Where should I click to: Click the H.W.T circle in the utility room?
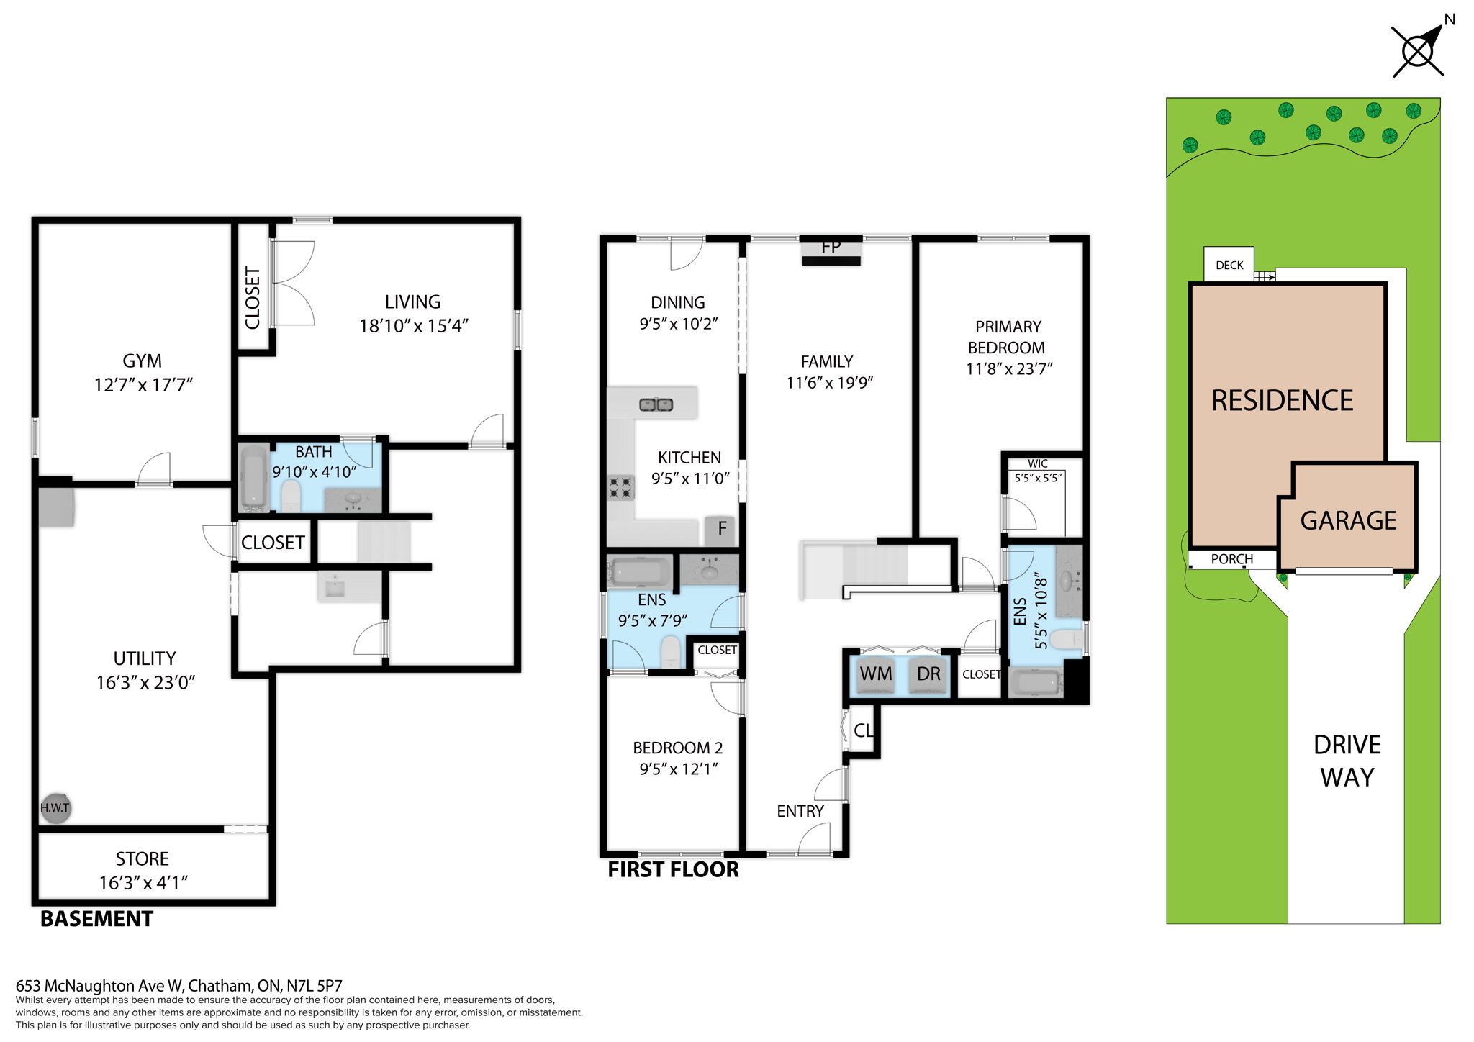[x=55, y=807]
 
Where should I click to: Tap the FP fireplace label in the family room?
[x=831, y=247]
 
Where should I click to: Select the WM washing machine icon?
[x=876, y=675]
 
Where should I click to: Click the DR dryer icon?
[x=928, y=675]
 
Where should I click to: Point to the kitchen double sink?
[x=656, y=404]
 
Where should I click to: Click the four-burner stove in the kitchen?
[x=621, y=487]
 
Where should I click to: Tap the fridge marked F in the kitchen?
[x=721, y=529]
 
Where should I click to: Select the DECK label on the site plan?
[x=1229, y=266]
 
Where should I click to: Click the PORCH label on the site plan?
[x=1231, y=559]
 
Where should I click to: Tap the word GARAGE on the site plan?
[x=1348, y=520]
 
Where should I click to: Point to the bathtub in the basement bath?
[x=253, y=476]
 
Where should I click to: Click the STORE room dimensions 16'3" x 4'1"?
[x=143, y=883]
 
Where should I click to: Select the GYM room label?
[x=142, y=361]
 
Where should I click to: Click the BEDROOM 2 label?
[x=677, y=748]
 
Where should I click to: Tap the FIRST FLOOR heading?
[x=673, y=870]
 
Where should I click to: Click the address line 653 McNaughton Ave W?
[x=179, y=986]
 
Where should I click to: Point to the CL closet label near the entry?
[x=862, y=730]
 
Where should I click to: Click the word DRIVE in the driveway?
[x=1347, y=745]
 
